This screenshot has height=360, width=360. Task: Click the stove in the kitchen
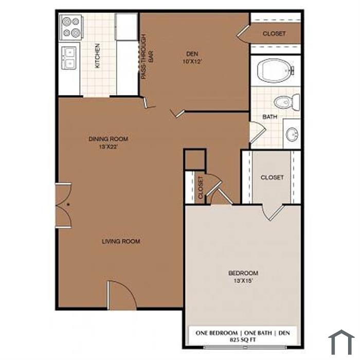click(x=71, y=27)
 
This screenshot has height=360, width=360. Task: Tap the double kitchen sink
click(x=69, y=58)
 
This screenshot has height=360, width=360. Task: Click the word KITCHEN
click(x=97, y=56)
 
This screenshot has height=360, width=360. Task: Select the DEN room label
click(x=192, y=54)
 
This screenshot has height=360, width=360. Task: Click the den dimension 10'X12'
click(x=193, y=62)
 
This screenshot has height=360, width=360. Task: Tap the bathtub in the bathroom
click(x=276, y=71)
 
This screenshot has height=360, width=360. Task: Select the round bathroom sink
click(x=292, y=134)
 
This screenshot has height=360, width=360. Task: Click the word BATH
click(x=269, y=117)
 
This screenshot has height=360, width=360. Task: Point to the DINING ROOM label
click(x=109, y=139)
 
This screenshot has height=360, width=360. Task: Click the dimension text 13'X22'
click(x=109, y=147)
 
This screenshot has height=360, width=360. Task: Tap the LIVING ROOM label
click(x=121, y=241)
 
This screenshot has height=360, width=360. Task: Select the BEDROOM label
click(x=243, y=273)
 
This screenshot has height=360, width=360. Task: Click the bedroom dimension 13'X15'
click(x=243, y=281)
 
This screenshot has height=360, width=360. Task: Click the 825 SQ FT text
click(x=243, y=340)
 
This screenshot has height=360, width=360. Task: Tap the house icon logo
click(x=341, y=342)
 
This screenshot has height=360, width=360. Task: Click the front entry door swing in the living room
click(x=122, y=296)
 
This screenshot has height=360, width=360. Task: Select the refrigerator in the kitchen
click(x=126, y=27)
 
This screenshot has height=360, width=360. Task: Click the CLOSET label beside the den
click(x=274, y=33)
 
